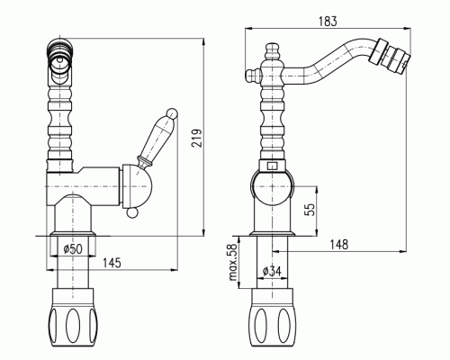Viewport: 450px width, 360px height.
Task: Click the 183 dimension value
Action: tap(328, 22)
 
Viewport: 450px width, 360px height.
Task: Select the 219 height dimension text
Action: tap(197, 138)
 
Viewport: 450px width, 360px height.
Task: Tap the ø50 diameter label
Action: tap(73, 249)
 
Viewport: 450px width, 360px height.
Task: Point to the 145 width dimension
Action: tap(112, 263)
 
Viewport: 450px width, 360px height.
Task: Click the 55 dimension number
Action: tap(310, 210)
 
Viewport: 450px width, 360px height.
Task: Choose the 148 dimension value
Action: tap(339, 245)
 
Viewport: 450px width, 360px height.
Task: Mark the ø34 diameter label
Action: tap(272, 272)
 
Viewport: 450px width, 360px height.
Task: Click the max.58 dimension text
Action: tap(233, 262)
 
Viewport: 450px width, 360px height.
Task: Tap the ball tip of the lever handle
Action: tap(172, 113)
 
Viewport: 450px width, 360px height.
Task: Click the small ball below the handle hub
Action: tap(132, 212)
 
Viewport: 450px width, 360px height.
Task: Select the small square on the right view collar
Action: tap(273, 166)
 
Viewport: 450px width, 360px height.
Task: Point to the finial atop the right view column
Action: tap(273, 51)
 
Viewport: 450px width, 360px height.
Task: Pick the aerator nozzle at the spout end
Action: tap(389, 56)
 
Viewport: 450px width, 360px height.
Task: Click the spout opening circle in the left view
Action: tap(60, 62)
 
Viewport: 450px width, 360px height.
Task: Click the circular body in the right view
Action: tap(273, 186)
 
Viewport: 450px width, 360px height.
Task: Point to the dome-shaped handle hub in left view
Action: tap(138, 186)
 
